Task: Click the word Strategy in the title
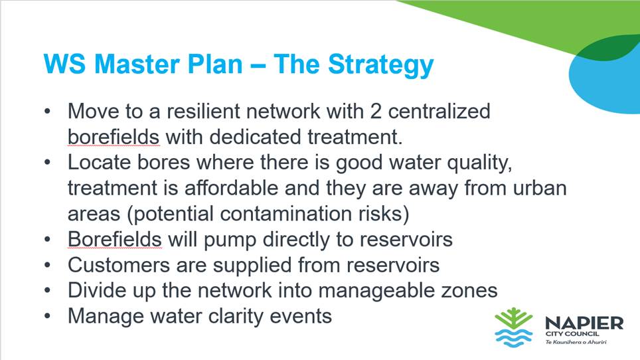coord(380,65)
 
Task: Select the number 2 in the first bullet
coord(376,112)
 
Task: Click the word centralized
coord(439,111)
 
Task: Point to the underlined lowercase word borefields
coord(114,137)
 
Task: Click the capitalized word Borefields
coord(115,239)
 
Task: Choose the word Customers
coord(119,265)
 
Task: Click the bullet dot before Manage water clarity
coord(48,316)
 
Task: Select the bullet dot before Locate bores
coord(48,163)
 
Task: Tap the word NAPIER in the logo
coord(584,323)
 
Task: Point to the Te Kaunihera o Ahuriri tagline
coord(576,342)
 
